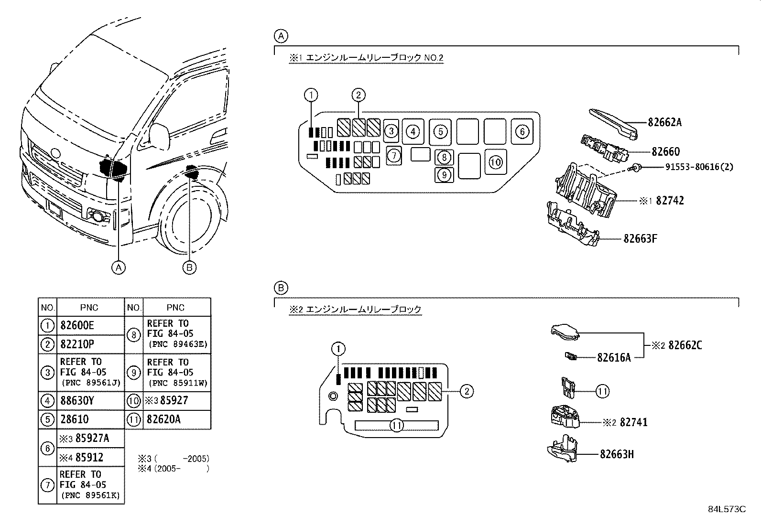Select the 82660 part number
[665, 152]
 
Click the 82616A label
[613, 357]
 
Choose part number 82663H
[617, 454]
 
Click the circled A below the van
[119, 268]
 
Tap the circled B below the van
[189, 268]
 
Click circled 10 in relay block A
[496, 162]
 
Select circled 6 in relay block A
[522, 131]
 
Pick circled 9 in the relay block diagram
[444, 175]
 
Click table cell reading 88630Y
[77, 400]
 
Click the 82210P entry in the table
[77, 344]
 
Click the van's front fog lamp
[98, 216]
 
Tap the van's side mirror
[160, 137]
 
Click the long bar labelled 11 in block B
[397, 425]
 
